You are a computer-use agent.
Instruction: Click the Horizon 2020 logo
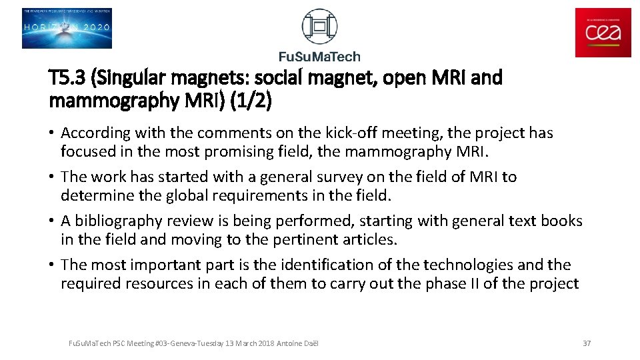coord(67,28)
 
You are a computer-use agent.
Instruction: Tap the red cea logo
coord(603,33)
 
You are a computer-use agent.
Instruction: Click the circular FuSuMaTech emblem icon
coord(319,27)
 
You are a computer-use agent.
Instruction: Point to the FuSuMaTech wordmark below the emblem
coord(319,56)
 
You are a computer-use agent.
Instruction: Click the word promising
coord(245,151)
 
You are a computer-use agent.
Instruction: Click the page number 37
coord(587,343)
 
